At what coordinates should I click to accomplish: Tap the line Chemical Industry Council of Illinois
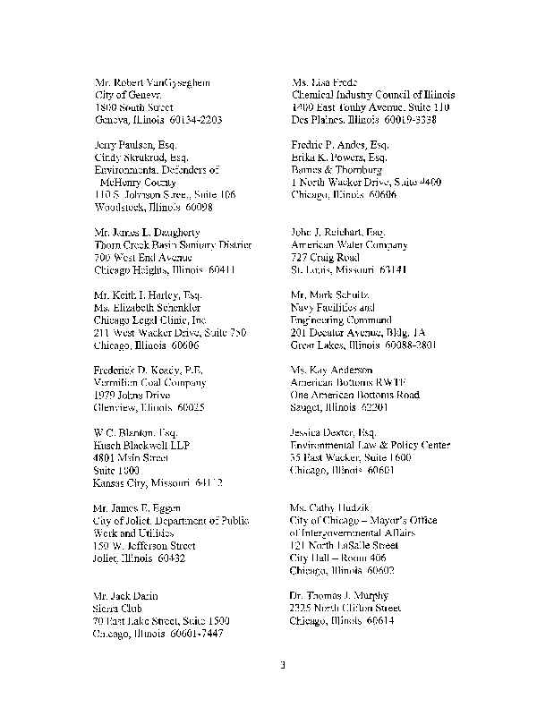coord(373,95)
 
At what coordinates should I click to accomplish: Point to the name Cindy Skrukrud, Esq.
coord(141,157)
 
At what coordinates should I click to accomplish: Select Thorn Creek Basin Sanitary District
coord(173,244)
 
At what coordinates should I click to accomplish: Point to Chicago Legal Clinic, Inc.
coord(149,320)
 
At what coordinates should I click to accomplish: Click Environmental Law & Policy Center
coord(371,445)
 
